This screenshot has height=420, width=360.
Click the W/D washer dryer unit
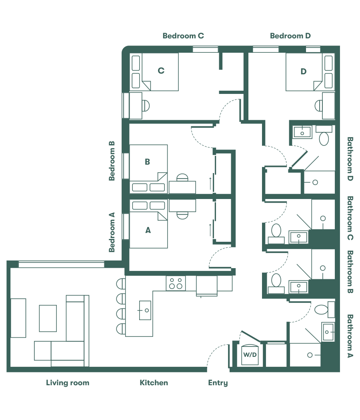pyautogui.click(x=251, y=354)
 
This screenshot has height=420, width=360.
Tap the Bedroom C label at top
pyautogui.click(x=183, y=36)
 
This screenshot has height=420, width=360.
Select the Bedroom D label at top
pyautogui.click(x=290, y=36)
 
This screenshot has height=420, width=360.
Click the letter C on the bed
pyautogui.click(x=161, y=71)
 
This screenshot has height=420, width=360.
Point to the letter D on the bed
pyautogui.click(x=303, y=72)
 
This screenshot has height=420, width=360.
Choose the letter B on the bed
pyautogui.click(x=147, y=162)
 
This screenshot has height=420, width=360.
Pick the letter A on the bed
pyautogui.click(x=148, y=230)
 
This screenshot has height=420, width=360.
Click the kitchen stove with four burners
pyautogui.click(x=176, y=283)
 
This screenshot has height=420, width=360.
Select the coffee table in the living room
pyautogui.click(x=48, y=318)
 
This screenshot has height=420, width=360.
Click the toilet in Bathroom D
pyautogui.click(x=324, y=138)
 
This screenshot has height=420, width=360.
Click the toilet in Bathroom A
pyautogui.click(x=322, y=309)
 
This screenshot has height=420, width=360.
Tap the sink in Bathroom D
pyautogui.click(x=302, y=131)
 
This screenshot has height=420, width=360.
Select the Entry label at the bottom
pyautogui.click(x=218, y=383)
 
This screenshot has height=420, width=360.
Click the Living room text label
pyautogui.click(x=68, y=383)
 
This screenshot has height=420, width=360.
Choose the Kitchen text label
pyautogui.click(x=154, y=383)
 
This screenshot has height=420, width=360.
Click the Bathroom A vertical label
pyautogui.click(x=350, y=336)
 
